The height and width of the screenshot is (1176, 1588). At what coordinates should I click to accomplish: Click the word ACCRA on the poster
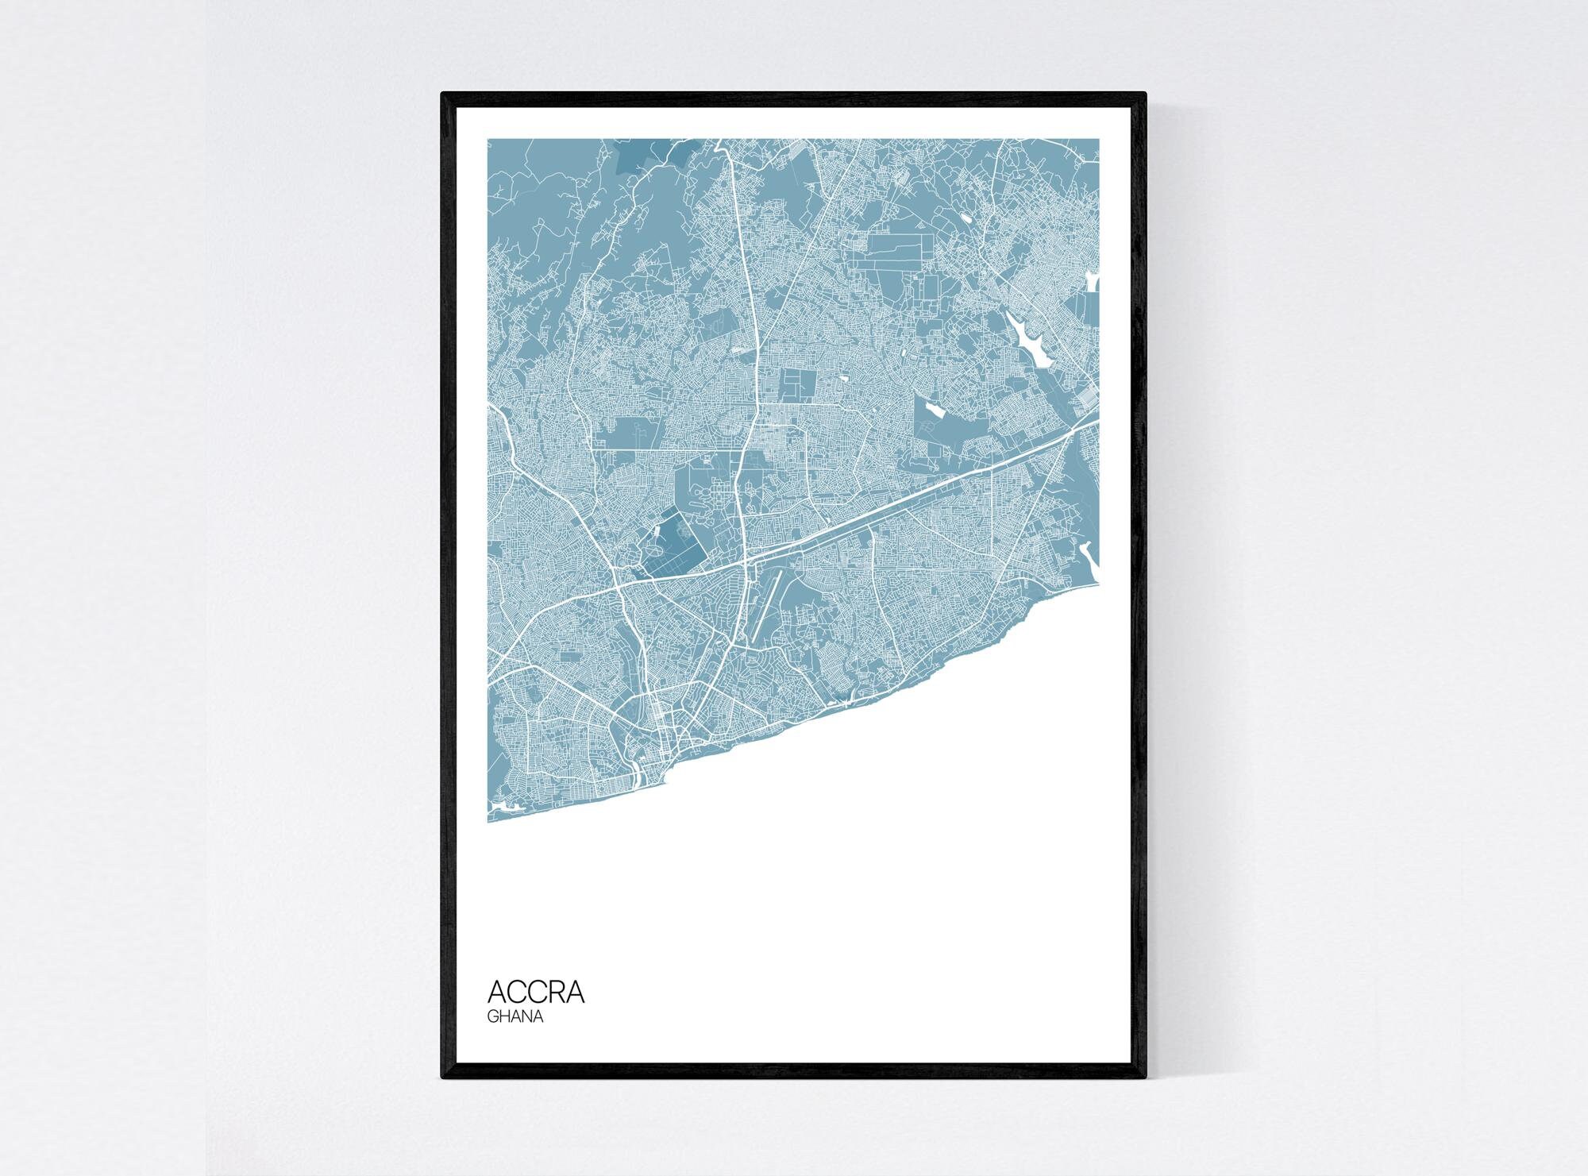[536, 992]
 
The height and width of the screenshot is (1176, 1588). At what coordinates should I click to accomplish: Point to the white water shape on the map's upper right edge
[1093, 281]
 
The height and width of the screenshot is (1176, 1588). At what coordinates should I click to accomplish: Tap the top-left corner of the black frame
[442, 94]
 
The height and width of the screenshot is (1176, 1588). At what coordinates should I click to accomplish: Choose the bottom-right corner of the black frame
[1146, 1078]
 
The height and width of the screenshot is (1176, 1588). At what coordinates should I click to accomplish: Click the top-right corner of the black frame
[1146, 94]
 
